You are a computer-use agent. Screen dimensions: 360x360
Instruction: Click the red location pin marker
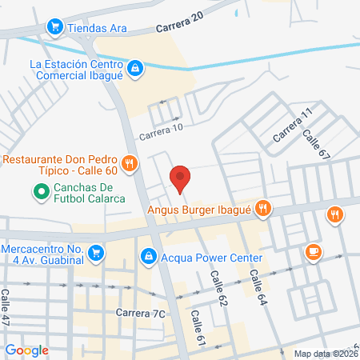[180, 178]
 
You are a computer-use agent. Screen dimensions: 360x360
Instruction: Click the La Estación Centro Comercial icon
[136, 70]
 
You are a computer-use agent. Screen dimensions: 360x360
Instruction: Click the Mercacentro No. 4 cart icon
[95, 254]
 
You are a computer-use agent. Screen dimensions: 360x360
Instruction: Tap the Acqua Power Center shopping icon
[148, 257]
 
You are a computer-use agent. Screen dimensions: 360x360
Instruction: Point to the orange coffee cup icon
[313, 253]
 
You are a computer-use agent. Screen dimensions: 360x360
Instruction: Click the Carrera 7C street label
[140, 313]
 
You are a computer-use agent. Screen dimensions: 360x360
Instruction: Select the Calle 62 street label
[218, 287]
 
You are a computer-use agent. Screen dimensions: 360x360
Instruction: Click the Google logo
[26, 350]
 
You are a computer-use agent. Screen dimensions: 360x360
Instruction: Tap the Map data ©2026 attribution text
[326, 354]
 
